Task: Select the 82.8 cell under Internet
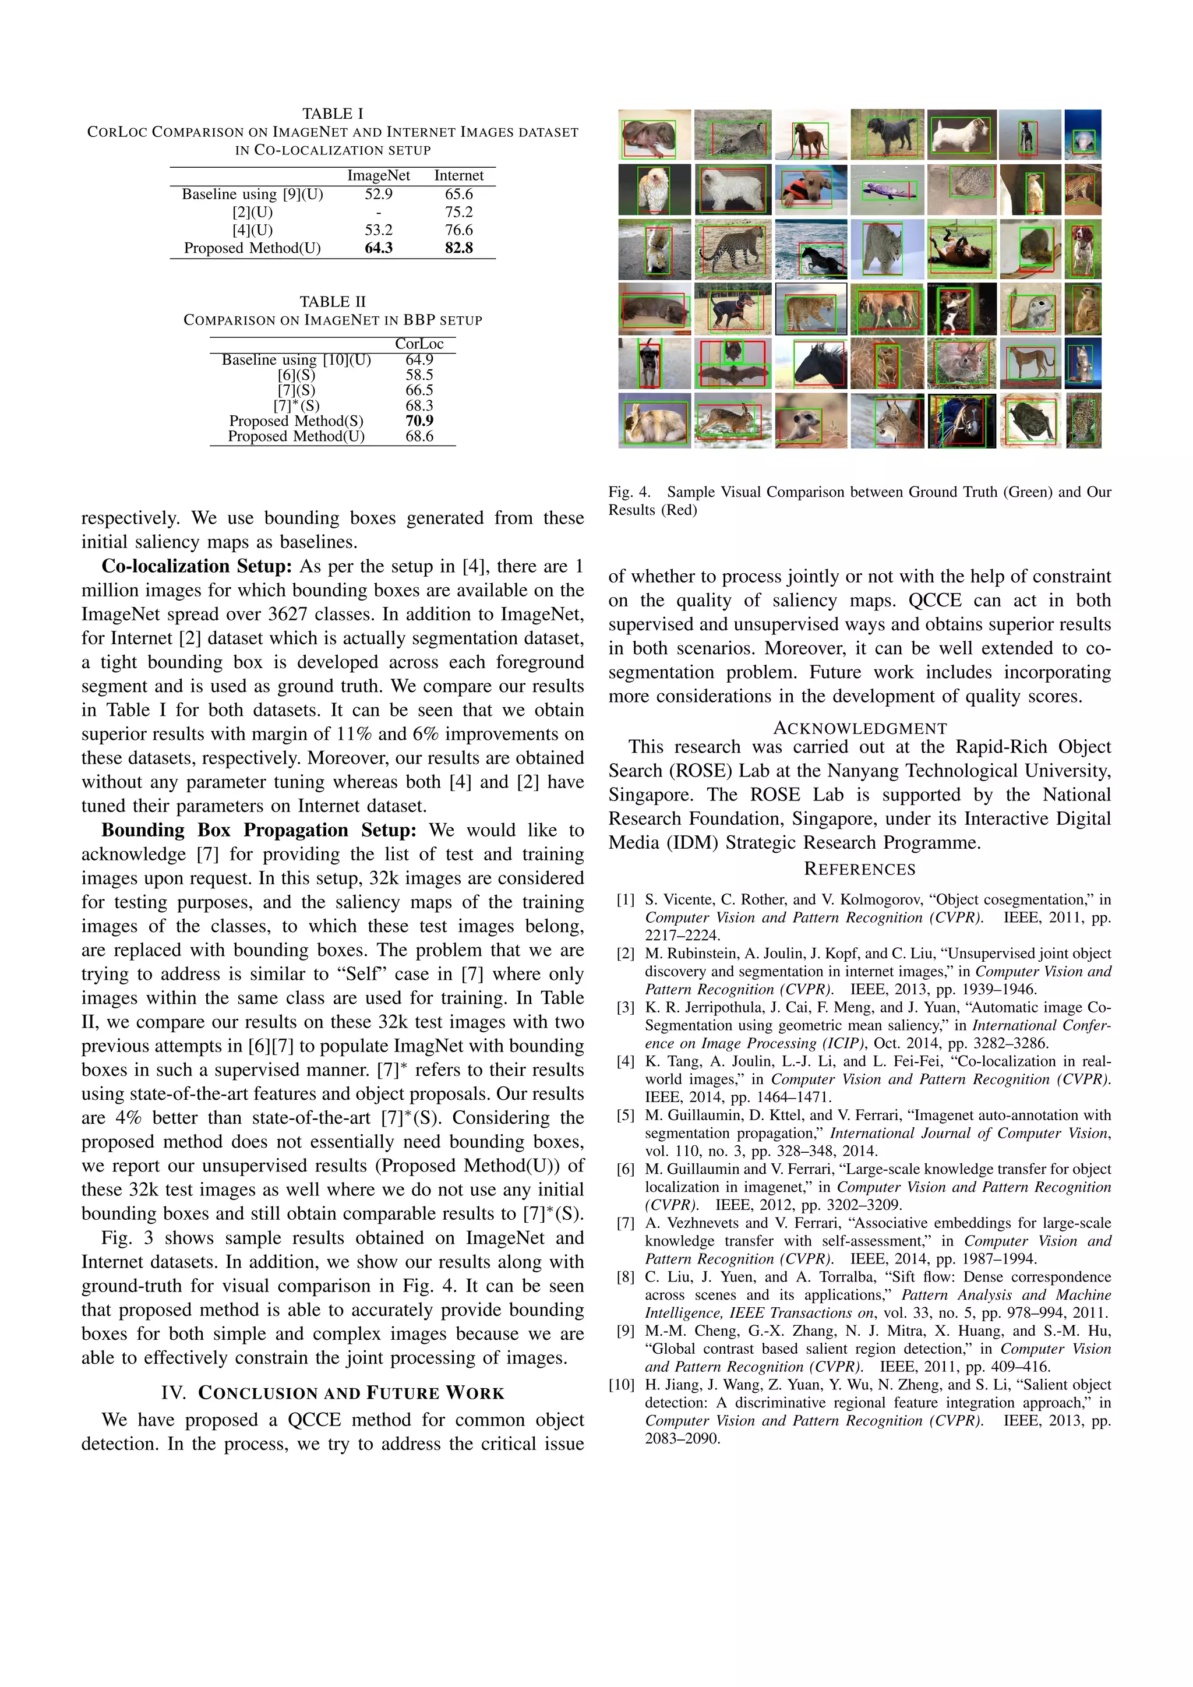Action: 458,248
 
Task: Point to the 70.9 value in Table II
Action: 419,421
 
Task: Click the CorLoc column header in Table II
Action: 419,344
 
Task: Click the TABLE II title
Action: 332,302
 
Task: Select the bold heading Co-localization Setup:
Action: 197,566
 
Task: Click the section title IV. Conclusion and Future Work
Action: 332,1393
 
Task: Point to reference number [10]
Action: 622,1385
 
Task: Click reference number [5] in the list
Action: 625,1116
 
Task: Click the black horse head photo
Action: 810,363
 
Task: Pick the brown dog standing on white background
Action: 810,135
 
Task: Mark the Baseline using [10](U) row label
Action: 296,360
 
